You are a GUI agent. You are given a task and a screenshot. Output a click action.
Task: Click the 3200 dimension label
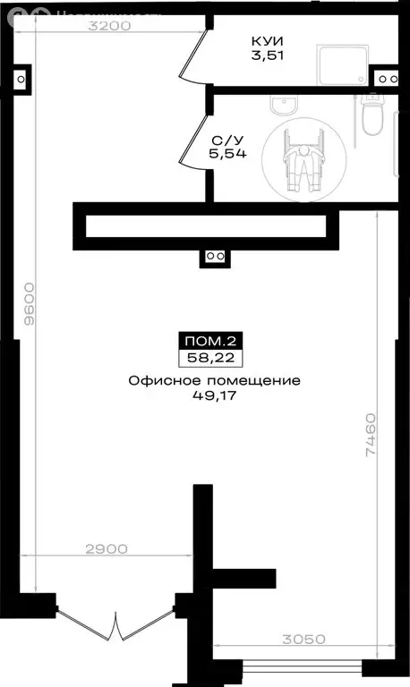coord(109,26)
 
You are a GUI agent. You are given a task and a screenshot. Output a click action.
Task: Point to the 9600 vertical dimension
coord(30,304)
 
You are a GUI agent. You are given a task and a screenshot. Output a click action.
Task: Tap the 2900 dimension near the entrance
coord(108,547)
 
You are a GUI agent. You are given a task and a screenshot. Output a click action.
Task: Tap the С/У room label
coord(225,140)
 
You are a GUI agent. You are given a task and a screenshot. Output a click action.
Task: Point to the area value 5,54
coord(225,155)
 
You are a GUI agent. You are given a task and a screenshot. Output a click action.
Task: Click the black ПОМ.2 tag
coord(214,341)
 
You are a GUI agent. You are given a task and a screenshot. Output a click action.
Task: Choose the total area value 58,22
coord(214,358)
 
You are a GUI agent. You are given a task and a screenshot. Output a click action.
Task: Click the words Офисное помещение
coord(214,380)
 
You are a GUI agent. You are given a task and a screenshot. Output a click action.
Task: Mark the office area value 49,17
coord(214,395)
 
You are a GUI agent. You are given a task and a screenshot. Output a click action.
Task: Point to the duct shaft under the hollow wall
coord(214,256)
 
